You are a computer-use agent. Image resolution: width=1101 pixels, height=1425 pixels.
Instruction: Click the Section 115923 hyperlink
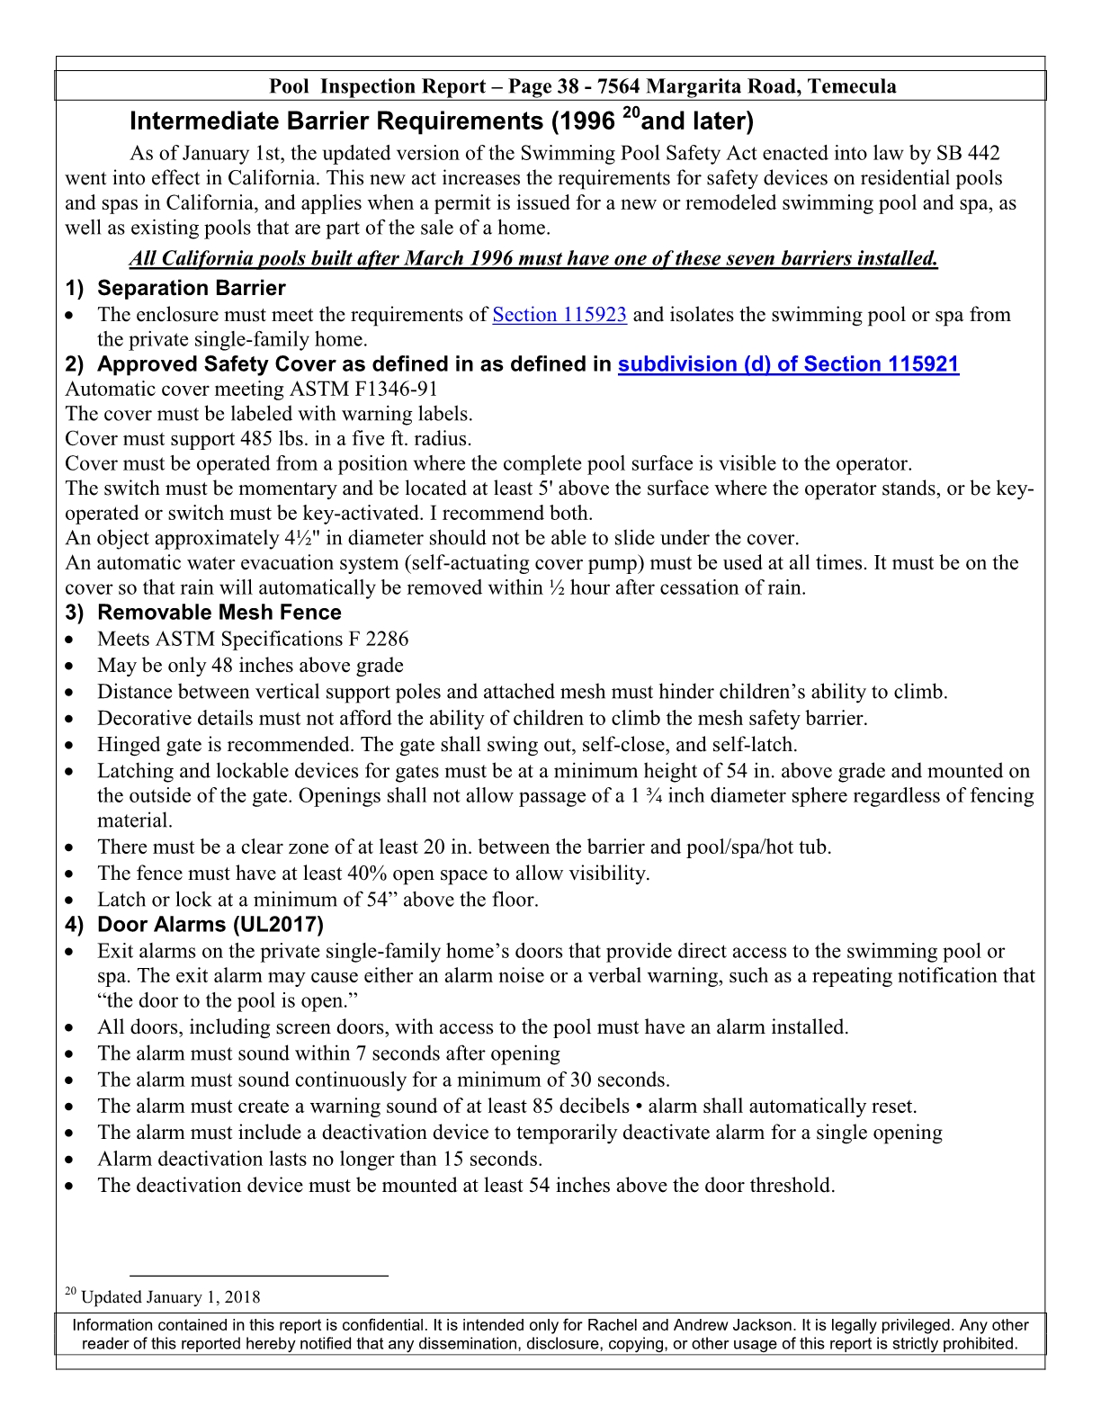tap(559, 315)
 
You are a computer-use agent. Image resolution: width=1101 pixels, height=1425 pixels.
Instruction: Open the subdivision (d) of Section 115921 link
tap(788, 364)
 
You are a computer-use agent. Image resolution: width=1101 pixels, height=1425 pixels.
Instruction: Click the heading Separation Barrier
tap(191, 289)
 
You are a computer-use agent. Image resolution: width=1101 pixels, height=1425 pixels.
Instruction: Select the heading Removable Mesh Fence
tap(219, 613)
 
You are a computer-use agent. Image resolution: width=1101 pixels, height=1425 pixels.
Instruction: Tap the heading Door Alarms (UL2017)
tap(210, 925)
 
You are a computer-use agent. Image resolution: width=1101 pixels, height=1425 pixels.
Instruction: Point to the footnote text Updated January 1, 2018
tap(171, 1297)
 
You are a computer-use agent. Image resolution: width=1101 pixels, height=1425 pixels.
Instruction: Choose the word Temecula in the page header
tap(852, 86)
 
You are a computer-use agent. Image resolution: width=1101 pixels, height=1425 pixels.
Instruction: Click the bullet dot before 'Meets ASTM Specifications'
tap(71, 641)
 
